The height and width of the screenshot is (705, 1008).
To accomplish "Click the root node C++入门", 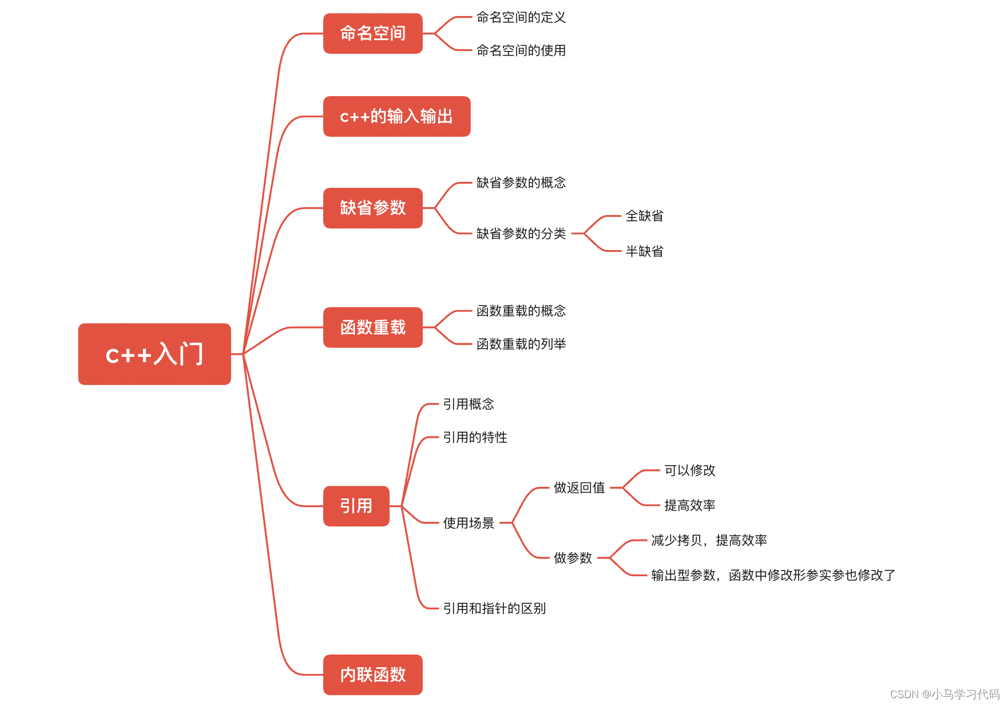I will [154, 354].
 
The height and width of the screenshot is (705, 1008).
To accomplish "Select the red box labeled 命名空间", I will [372, 34].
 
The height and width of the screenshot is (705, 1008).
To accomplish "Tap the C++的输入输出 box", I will [396, 117].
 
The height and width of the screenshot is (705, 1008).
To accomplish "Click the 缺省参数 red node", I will [372, 208].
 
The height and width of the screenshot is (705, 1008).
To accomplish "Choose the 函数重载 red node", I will [372, 327].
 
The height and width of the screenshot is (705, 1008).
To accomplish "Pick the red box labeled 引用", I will [356, 506].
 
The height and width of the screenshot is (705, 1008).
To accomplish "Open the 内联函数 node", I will [372, 675].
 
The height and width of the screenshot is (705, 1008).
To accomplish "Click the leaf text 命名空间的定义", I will [521, 18].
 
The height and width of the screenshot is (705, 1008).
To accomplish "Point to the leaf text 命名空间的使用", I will [521, 51].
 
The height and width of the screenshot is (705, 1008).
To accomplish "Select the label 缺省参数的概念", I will [521, 183].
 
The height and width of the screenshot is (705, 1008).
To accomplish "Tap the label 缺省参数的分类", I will [521, 233].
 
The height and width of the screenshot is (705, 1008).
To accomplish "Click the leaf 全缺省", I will [644, 216].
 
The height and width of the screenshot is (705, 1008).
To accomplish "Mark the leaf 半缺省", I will [644, 251].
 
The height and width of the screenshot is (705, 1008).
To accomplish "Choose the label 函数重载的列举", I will [521, 344].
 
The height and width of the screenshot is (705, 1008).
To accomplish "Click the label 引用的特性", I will [475, 438].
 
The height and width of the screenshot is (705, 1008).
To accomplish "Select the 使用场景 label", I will [469, 523].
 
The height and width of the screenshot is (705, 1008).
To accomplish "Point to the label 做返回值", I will [579, 488].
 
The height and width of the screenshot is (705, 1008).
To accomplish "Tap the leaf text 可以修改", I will [689, 470].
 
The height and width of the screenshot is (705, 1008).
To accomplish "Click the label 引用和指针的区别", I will [494, 608].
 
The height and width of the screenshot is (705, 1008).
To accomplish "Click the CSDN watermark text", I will [944, 694].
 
